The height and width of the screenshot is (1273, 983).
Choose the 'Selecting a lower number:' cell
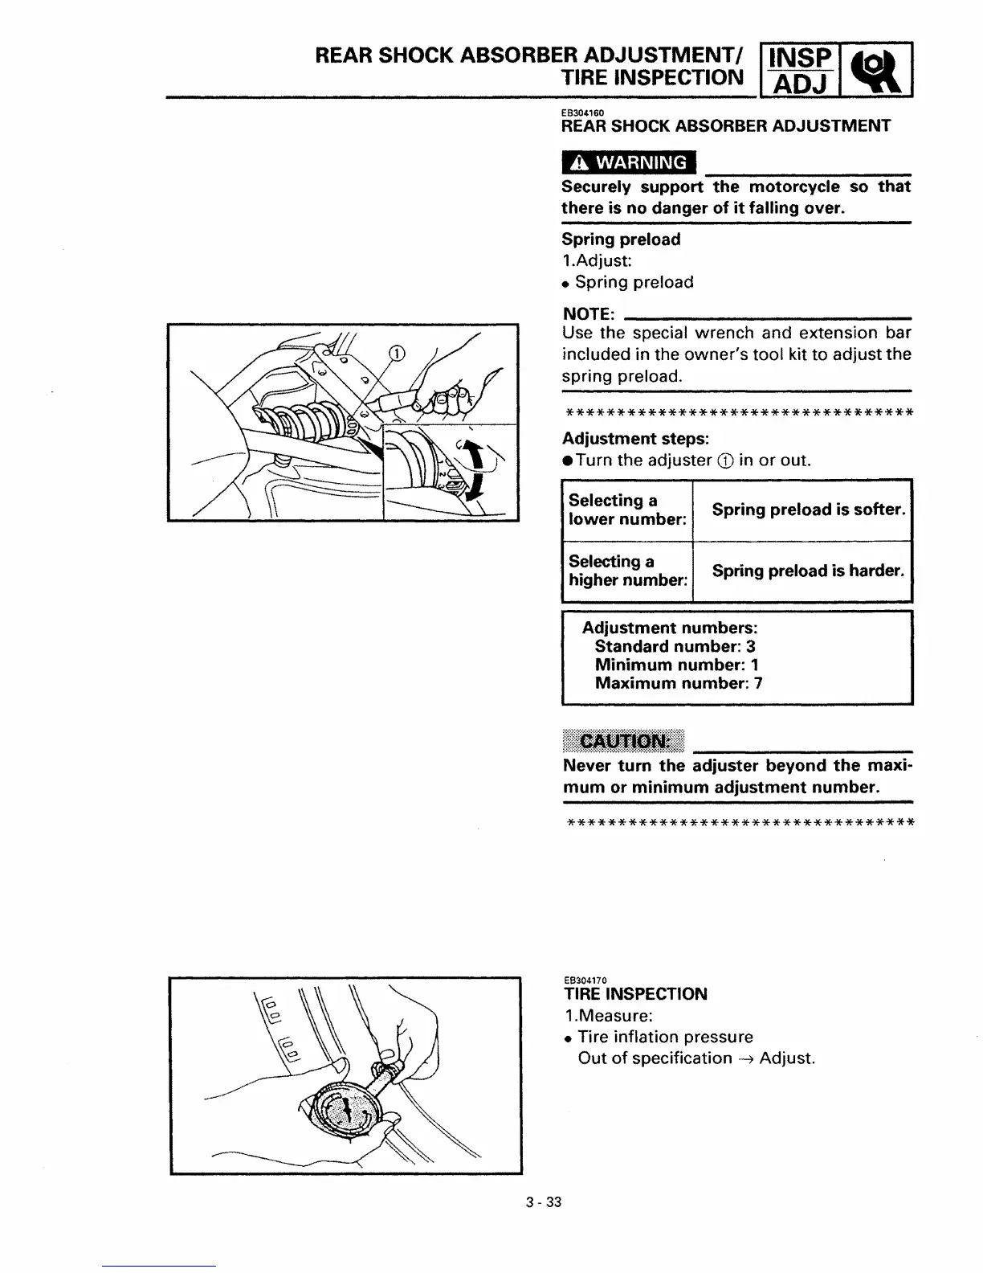627,510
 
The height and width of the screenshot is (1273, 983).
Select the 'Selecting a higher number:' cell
627,571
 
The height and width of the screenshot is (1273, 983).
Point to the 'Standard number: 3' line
675,646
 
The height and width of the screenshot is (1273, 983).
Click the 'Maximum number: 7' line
678,683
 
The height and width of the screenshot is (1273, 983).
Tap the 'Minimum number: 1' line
676,665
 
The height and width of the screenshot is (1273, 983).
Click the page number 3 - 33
544,1203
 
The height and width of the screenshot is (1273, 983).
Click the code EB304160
582,113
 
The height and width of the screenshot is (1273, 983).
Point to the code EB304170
584,980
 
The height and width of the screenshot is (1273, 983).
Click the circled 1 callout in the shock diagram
397,353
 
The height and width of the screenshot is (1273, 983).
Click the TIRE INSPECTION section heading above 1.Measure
634,994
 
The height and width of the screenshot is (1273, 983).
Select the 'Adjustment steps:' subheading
635,439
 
